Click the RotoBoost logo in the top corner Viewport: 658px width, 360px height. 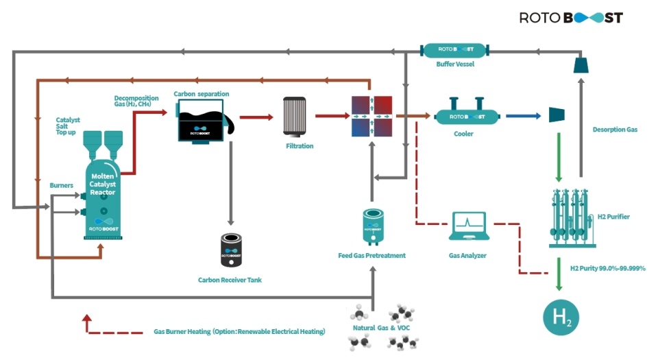[570, 17]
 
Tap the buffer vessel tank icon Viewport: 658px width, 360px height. [454, 50]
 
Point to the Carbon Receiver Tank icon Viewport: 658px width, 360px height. [230, 250]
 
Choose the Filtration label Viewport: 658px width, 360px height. [300, 146]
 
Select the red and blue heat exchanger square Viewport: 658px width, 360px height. [370, 117]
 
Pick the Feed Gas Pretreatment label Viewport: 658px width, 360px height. [372, 256]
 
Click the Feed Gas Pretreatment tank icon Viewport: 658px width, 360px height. [372, 227]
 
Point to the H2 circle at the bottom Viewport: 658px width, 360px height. [560, 317]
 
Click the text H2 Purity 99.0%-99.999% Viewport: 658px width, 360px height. [608, 268]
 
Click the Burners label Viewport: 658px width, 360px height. [61, 185]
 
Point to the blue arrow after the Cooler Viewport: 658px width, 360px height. [517, 117]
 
